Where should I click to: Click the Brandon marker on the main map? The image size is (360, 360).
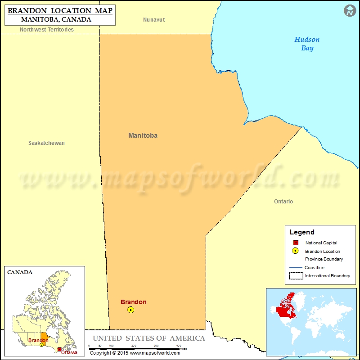(x=130, y=310)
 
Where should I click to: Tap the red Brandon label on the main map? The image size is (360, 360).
(x=133, y=302)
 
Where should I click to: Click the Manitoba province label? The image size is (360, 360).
(x=143, y=135)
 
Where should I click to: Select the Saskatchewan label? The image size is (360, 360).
(x=46, y=143)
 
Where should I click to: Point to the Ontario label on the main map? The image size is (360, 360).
(x=283, y=202)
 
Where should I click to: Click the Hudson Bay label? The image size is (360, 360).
(x=307, y=44)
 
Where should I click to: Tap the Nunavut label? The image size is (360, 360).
(x=154, y=20)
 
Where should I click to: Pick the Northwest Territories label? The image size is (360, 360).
(x=47, y=30)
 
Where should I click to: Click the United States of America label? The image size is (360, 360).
(x=149, y=338)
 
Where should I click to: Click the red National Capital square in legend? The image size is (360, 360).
(x=295, y=243)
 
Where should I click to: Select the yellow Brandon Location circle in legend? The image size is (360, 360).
(x=295, y=251)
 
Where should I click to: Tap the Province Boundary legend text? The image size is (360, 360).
(x=324, y=259)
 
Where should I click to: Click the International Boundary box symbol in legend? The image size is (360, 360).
(x=295, y=275)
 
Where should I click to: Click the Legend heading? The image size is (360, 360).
(x=302, y=232)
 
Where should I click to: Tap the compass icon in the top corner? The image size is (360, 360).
(x=350, y=11)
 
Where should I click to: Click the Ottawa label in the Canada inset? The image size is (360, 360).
(x=69, y=352)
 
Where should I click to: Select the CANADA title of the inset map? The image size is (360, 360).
(x=19, y=272)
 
